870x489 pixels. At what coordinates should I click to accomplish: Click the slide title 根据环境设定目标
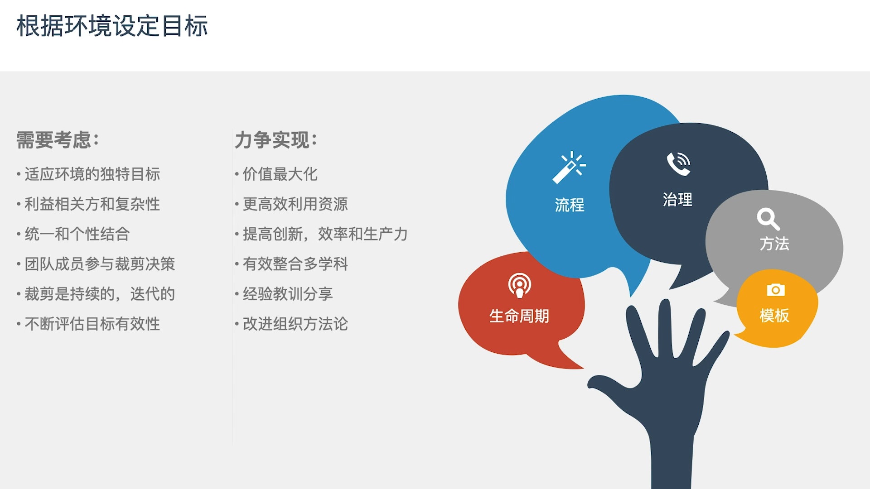[x=112, y=26]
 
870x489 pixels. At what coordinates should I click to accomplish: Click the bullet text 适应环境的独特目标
[x=92, y=174]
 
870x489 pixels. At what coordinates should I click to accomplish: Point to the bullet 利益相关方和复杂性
[x=92, y=204]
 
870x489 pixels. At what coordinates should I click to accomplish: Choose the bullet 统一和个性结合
[x=77, y=234]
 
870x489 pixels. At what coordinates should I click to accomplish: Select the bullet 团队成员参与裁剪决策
[x=100, y=264]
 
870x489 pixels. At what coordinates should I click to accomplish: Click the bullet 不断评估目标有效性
[x=92, y=324]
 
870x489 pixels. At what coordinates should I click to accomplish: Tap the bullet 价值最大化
[x=280, y=174]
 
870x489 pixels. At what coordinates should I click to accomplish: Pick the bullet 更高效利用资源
[x=295, y=204]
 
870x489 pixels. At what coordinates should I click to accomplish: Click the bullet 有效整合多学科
[x=295, y=264]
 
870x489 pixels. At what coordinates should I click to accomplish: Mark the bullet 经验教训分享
[x=288, y=294]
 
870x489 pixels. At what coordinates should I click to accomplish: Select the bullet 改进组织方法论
[x=295, y=324]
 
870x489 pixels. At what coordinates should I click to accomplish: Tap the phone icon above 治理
[x=678, y=164]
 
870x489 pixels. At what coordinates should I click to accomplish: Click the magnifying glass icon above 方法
[x=768, y=219]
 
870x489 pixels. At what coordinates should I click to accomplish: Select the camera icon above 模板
[x=775, y=290]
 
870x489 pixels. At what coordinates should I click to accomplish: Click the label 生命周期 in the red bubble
[x=519, y=316]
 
